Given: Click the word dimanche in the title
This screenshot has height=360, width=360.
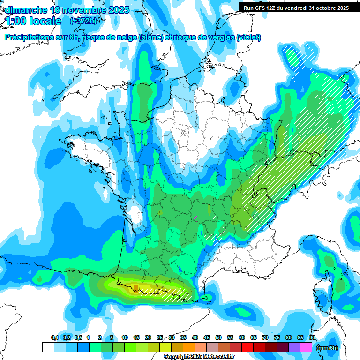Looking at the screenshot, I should click(26, 10).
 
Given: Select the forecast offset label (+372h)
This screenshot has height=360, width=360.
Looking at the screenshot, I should click(83, 21).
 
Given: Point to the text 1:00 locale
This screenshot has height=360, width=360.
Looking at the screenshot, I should click(33, 21).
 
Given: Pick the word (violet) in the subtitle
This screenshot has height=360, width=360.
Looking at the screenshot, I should click(248, 37).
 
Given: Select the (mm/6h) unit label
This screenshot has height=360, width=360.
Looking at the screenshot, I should click(327, 347).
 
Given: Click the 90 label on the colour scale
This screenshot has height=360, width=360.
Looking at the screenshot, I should click(312, 338).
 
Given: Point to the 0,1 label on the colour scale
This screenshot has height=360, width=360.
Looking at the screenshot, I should click(54, 338).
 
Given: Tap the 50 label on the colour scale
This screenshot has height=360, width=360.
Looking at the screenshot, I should click(218, 338).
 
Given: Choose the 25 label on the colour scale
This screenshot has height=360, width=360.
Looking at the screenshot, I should click(160, 338).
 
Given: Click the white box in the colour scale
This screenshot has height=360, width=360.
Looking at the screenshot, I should click(48, 347).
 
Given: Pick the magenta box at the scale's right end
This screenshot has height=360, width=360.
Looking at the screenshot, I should click(307, 347).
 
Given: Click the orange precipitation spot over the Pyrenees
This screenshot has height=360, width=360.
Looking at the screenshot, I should click(135, 287).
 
